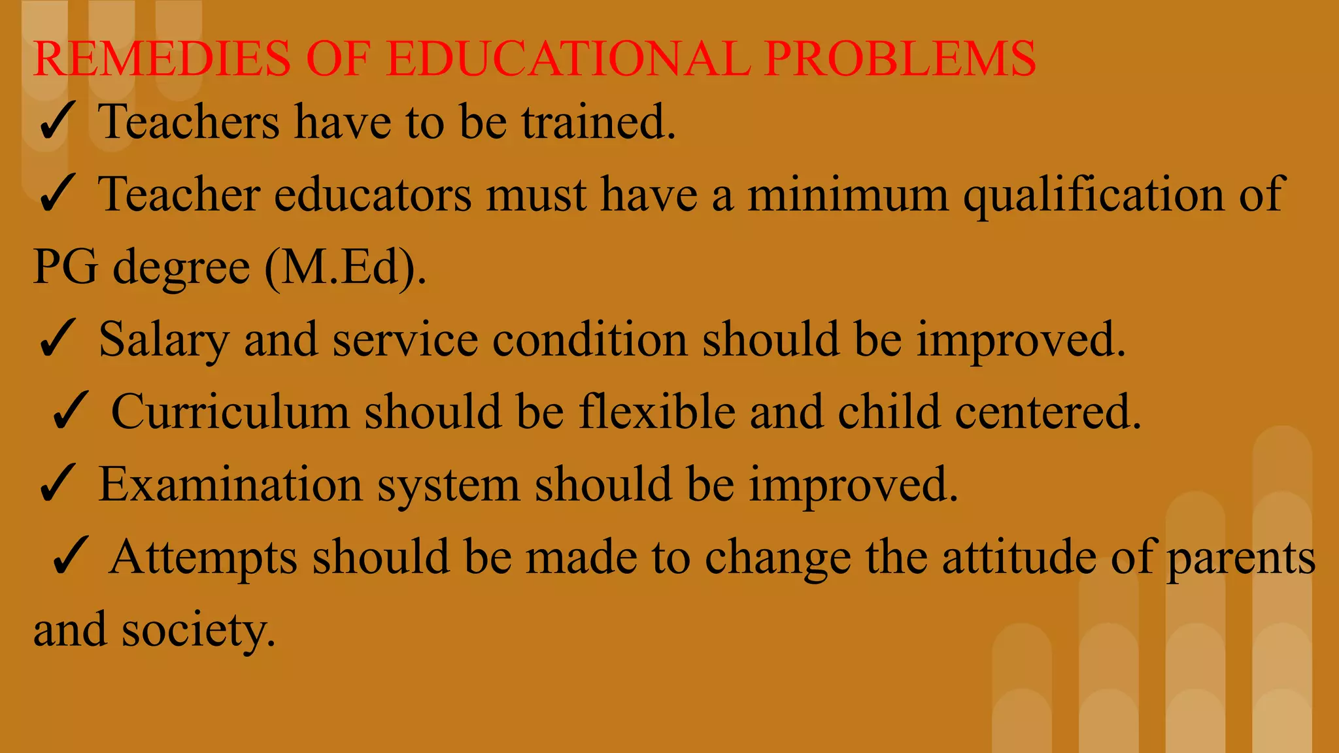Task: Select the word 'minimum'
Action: pyautogui.click(x=847, y=194)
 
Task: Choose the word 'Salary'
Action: pyautogui.click(x=163, y=341)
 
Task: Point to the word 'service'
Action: pyautogui.click(x=405, y=339)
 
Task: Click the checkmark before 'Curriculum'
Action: pyautogui.click(x=69, y=412)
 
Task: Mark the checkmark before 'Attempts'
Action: pyautogui.click(x=69, y=557)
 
